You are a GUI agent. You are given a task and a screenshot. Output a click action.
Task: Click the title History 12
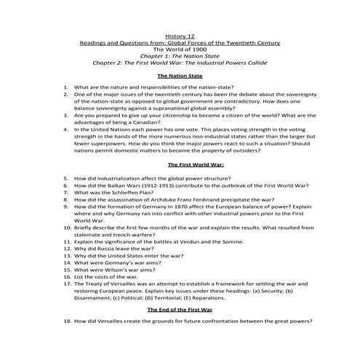coord(180,36)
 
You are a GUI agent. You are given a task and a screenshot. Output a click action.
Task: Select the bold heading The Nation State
coord(180,76)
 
